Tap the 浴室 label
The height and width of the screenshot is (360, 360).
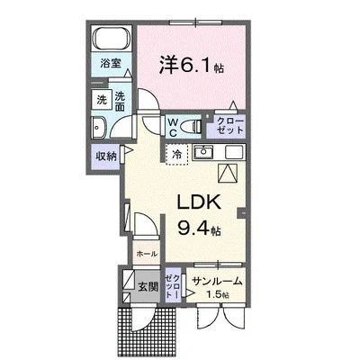[112, 67]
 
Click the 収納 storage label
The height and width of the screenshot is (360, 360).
[107, 156]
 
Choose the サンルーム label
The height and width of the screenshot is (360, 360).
[218, 282]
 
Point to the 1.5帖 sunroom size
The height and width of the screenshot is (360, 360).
[218, 294]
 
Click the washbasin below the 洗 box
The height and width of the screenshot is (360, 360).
[101, 126]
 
